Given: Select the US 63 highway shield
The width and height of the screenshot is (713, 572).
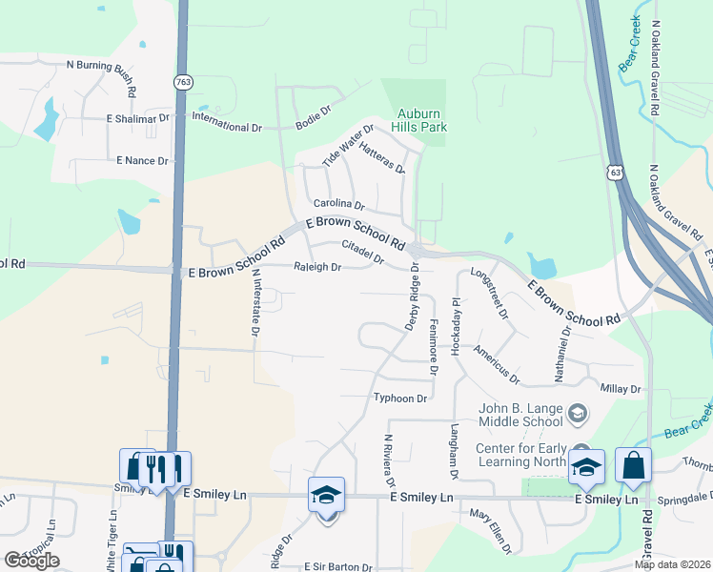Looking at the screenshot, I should click(x=618, y=173).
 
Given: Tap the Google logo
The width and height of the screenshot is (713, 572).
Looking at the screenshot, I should click(x=31, y=561).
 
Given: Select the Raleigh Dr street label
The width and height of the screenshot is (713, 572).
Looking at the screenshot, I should click(x=317, y=268).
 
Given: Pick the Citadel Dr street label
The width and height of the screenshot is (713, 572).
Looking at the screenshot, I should click(x=362, y=254).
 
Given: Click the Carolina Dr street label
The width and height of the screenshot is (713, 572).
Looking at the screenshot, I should click(x=339, y=205).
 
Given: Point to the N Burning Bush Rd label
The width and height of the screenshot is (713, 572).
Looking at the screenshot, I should click(x=101, y=67).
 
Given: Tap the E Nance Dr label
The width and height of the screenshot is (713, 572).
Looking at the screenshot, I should click(x=142, y=161).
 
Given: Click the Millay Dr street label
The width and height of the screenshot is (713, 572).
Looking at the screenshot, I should click(x=621, y=389).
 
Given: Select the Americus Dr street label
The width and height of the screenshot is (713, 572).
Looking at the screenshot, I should click(x=497, y=364).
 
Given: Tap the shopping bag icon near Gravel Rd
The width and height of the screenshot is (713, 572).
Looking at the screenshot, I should click(x=633, y=466).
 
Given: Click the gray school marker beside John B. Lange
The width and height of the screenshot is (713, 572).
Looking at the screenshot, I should click(x=576, y=414).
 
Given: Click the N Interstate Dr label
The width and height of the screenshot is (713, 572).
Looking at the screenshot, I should click(x=255, y=301).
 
